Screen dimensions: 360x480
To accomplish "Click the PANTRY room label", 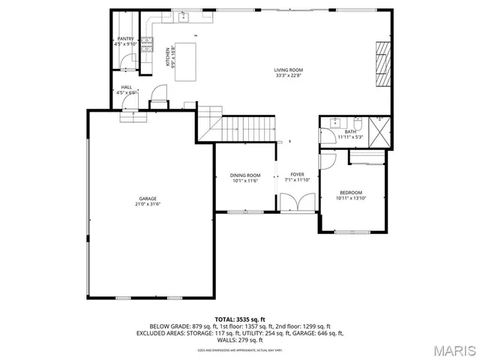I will pyautogui.click(x=125, y=38).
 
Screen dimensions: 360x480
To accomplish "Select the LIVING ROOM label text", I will pyautogui.click(x=288, y=70).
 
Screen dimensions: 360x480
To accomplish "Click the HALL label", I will pyautogui.click(x=127, y=87).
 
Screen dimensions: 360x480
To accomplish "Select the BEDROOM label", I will pyautogui.click(x=349, y=193).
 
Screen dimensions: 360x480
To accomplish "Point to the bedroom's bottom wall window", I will pyautogui.click(x=351, y=231).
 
